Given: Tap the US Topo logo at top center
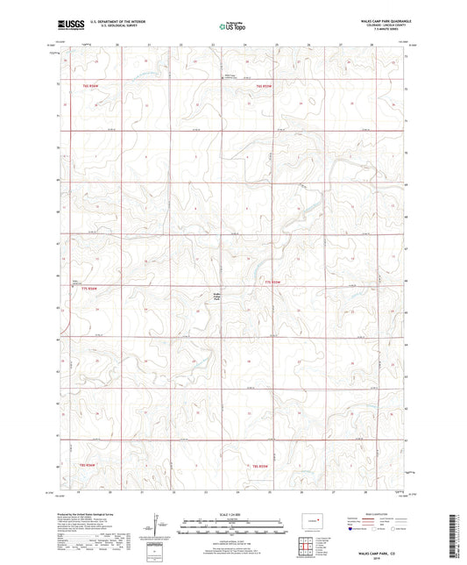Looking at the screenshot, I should pyautogui.click(x=230, y=26).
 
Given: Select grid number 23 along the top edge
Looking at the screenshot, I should pyautogui.click(x=181, y=45).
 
